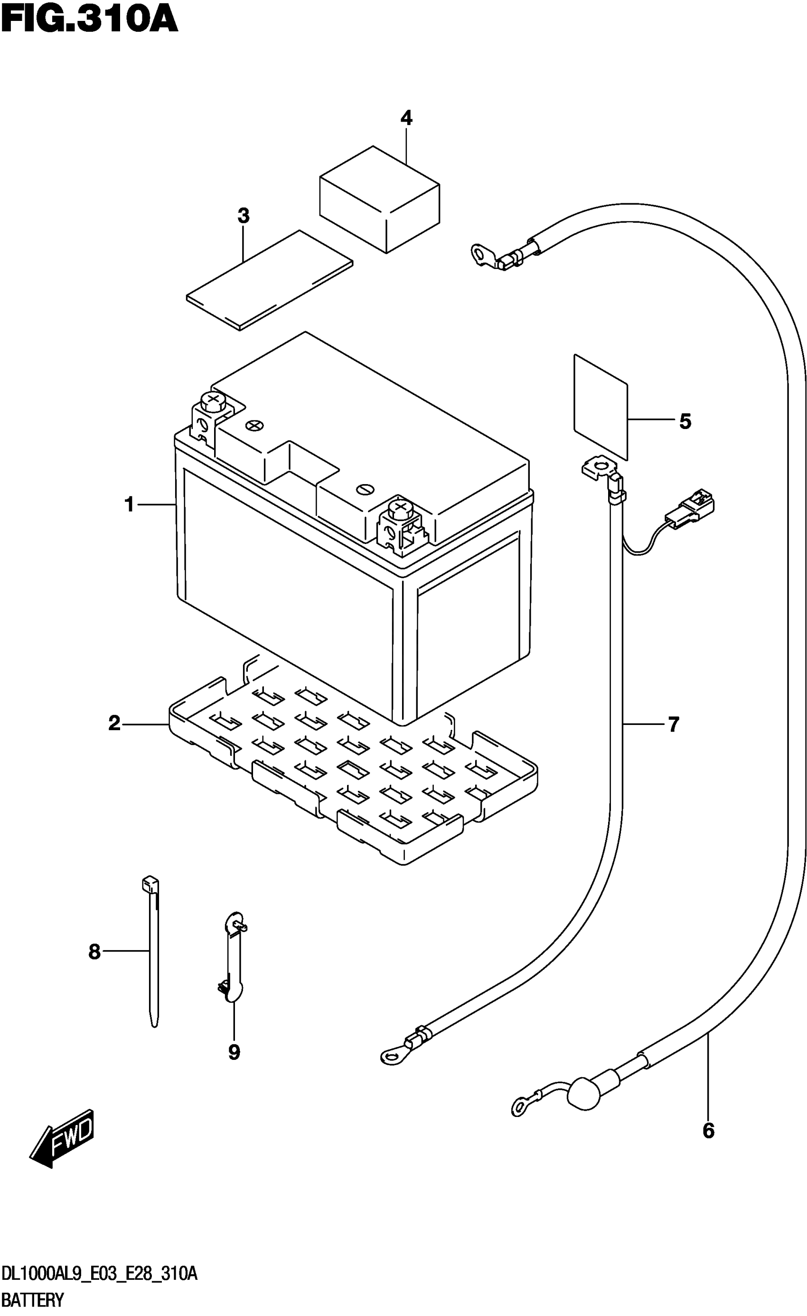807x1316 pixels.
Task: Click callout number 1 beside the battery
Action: click(129, 504)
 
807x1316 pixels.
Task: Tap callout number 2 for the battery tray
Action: click(115, 724)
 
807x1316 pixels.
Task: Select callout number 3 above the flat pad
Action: click(244, 216)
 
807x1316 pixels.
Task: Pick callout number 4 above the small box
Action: click(407, 118)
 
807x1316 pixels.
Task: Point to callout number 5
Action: click(685, 421)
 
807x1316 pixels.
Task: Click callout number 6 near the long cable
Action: click(708, 1131)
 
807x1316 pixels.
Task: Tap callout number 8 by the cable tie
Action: click(94, 951)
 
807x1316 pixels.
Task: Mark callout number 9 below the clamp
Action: click(234, 1052)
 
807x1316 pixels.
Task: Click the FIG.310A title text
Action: click(89, 20)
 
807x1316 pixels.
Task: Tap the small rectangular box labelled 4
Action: click(379, 199)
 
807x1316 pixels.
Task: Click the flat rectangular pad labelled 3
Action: click(270, 280)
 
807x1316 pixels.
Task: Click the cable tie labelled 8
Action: click(153, 951)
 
